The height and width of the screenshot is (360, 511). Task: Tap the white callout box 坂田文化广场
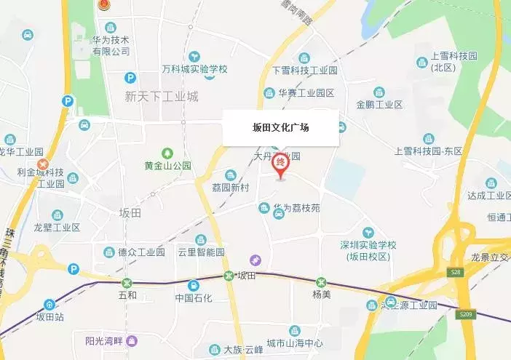[280, 127]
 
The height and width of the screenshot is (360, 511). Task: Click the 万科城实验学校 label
[194, 70]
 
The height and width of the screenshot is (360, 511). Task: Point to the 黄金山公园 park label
[167, 165]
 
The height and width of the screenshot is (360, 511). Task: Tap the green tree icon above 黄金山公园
[168, 153]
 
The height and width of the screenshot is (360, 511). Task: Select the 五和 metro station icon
[127, 282]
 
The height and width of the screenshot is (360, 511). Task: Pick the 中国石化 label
[193, 297]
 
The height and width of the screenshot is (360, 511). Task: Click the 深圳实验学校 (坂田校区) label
[368, 249]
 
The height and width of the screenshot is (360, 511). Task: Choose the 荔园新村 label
[230, 188]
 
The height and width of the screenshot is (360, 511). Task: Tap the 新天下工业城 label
[162, 96]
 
